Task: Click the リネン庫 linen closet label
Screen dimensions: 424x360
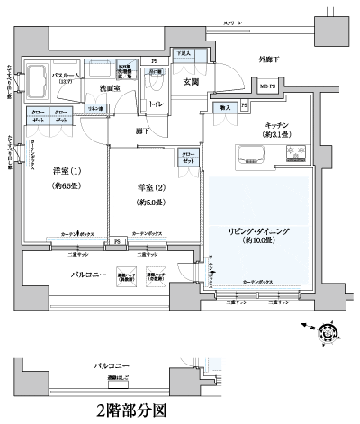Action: pyautogui.click(x=94, y=109)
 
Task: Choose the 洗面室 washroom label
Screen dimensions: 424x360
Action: pyautogui.click(x=111, y=88)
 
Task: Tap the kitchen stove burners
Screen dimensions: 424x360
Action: pyautogui.click(x=295, y=155)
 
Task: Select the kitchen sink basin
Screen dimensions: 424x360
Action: pyautogui.click(x=249, y=155)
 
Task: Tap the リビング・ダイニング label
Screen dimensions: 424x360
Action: pyautogui.click(x=258, y=230)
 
